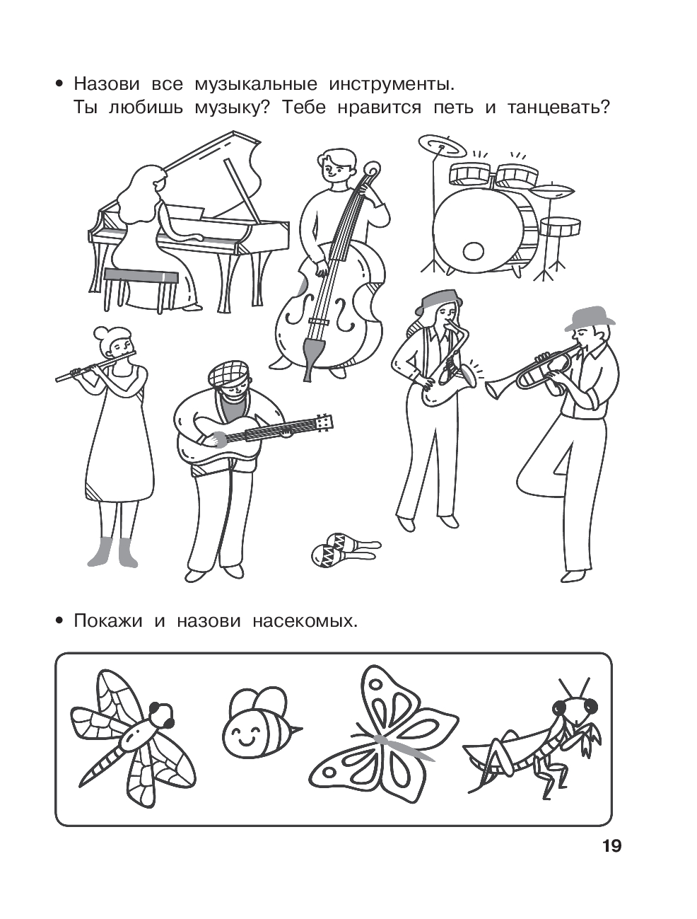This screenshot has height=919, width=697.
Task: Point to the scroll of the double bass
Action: click(x=372, y=172)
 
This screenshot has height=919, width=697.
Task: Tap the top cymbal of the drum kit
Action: click(x=443, y=146)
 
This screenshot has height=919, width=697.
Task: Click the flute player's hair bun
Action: click(x=102, y=334)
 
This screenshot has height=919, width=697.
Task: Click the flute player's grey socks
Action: click(x=112, y=552)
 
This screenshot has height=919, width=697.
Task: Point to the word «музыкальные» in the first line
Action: click(x=256, y=85)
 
